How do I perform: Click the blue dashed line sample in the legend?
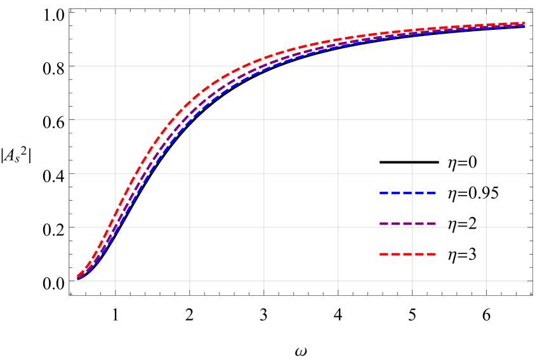click(407, 192)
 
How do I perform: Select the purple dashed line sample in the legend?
click(407, 223)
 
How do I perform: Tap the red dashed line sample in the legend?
click(407, 254)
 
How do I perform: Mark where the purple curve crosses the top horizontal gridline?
click(262, 65)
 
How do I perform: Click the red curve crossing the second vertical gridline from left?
click(190, 102)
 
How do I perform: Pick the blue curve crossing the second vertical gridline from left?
click(190, 122)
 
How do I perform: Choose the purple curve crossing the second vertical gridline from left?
click(190, 114)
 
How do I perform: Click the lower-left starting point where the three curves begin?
click(77, 277)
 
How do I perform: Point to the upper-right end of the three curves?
click(525, 24)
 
